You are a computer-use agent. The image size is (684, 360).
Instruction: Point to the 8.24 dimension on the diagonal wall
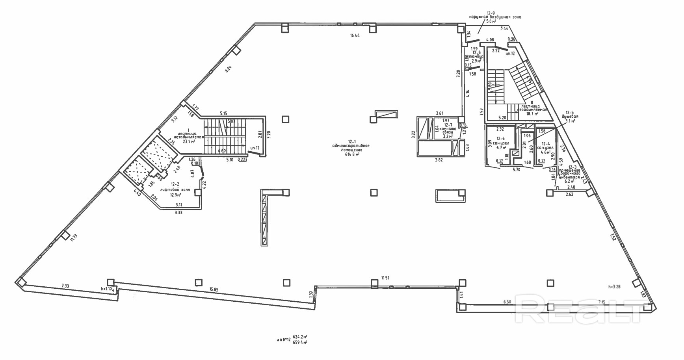(x=228, y=69)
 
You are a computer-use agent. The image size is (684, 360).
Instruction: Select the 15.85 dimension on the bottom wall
(x=214, y=289)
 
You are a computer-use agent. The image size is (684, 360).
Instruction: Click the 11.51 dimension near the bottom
(x=385, y=278)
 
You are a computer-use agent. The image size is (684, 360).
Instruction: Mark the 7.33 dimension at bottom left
(x=65, y=286)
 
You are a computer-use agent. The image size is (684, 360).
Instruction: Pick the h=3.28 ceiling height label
(x=614, y=287)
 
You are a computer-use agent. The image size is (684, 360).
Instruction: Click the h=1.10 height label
(x=107, y=289)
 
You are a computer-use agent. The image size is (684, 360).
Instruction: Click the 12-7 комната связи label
(x=447, y=128)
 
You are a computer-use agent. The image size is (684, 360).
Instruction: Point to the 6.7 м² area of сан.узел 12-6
(x=500, y=148)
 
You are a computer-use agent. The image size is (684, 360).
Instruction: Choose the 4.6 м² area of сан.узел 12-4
(x=545, y=152)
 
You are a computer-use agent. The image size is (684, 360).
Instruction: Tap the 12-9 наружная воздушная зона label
(x=495, y=17)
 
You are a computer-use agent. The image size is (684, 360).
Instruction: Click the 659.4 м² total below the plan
(x=300, y=343)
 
